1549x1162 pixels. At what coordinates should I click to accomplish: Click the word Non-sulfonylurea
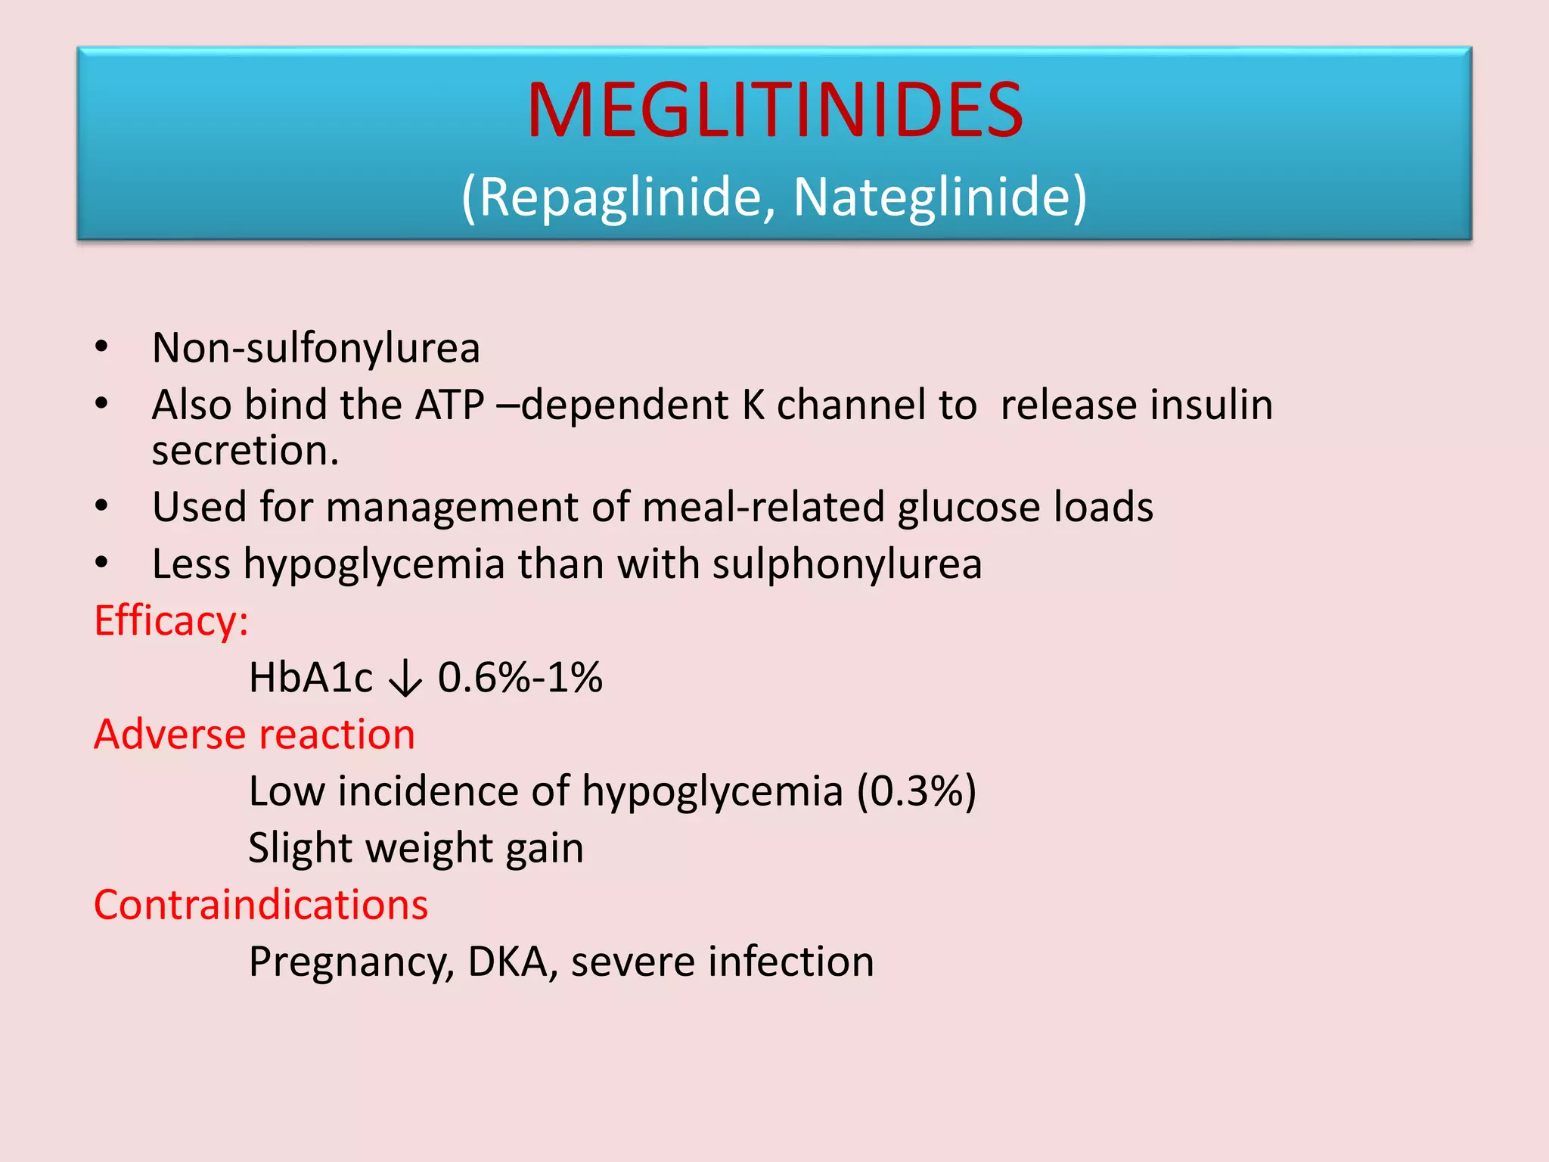316,348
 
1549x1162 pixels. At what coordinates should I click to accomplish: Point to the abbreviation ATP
450,405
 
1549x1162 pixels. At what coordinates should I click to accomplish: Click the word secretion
245,451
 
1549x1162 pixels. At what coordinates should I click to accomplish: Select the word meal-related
763,507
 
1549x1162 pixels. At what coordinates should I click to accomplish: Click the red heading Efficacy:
171,621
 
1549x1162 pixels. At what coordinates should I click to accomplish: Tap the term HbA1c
310,678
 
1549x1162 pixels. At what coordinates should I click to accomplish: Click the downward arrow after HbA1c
405,678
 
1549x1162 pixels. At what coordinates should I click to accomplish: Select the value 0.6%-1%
520,678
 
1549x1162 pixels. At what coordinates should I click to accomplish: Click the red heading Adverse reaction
254,735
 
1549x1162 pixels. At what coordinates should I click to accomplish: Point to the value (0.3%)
917,792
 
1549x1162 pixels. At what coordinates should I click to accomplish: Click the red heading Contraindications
261,905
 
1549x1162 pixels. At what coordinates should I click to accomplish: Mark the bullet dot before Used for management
102,506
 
